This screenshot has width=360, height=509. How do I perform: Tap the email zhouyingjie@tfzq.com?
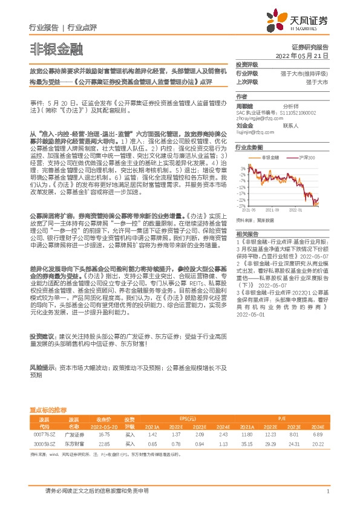pyautogui.click(x=257, y=118)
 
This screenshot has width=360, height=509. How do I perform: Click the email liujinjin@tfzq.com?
pyautogui.click(x=255, y=131)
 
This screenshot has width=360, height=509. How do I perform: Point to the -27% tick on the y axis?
pyautogui.click(x=242, y=206)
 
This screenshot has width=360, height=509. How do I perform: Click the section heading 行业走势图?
pyautogui.click(x=249, y=147)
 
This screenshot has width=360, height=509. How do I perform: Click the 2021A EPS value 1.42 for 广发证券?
pyautogui.click(x=152, y=433)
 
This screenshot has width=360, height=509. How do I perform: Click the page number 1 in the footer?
pyautogui.click(x=327, y=491)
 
